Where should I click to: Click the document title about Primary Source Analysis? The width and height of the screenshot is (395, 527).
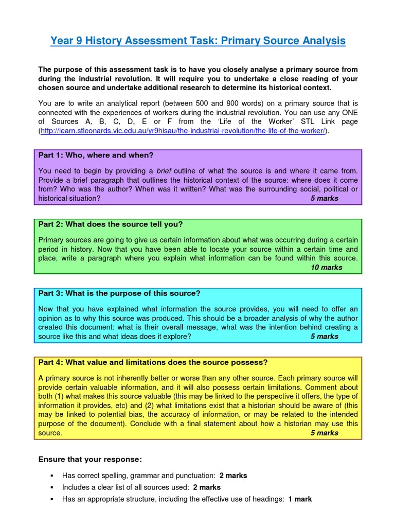tap(197, 41)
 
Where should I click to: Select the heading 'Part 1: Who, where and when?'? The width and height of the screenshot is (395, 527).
tap(96, 155)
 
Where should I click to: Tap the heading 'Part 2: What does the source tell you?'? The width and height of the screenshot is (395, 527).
tap(111, 224)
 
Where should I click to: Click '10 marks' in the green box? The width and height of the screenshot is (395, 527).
tap(327, 268)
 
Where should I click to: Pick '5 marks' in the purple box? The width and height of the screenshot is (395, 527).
tap(325, 198)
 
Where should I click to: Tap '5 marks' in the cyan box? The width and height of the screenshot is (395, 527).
tap(325, 337)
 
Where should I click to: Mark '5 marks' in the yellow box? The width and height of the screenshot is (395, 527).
tap(325, 433)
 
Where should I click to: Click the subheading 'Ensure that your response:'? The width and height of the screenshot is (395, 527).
tap(91, 459)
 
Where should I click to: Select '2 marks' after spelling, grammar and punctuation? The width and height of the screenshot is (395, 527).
tap(233, 476)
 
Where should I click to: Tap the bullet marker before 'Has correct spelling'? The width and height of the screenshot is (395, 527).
tap(52, 476)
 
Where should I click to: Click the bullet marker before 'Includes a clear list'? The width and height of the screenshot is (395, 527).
tap(52, 487)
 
